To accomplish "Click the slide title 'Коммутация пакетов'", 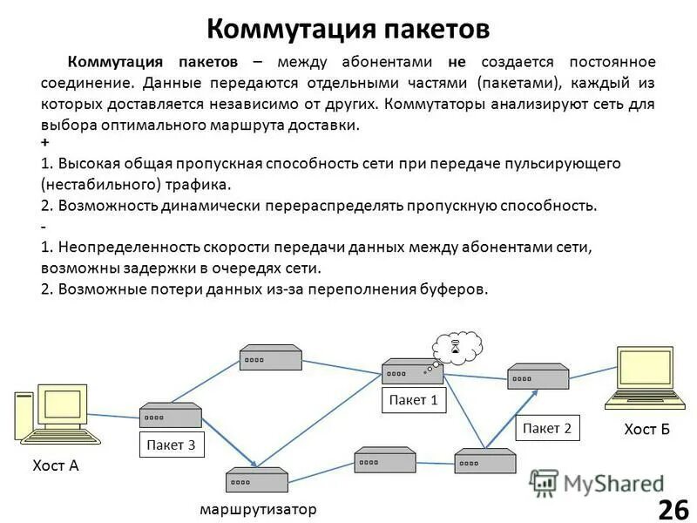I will pos(348,29).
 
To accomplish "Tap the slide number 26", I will pos(672,508).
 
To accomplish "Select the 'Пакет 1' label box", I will pos(414,400).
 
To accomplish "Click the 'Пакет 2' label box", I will pos(547,427).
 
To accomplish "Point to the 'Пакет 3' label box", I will pos(172,445).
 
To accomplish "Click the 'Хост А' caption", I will pos(55,465).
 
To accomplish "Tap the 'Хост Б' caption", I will pos(646,429).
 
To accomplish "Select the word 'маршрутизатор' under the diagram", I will pos(258,508).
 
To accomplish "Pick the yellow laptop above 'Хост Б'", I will pos(645,377).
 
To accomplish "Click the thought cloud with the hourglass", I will pos(457,346).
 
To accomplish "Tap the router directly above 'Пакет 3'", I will pos(170,416).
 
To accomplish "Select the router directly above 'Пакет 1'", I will pos(412,372).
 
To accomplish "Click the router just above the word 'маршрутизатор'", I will pos(256,480).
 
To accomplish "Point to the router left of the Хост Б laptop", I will pos(538,377).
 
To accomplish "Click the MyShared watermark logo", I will pos(597,483).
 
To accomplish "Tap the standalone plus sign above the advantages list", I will pos(44,141).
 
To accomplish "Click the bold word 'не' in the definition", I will pos(457,62).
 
